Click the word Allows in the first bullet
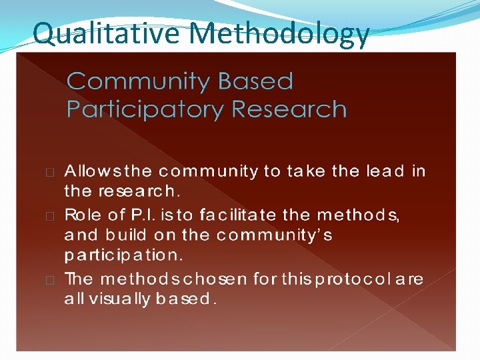(87, 171)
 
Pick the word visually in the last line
(111, 299)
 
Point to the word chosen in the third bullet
(220, 279)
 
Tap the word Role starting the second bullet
(81, 215)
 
